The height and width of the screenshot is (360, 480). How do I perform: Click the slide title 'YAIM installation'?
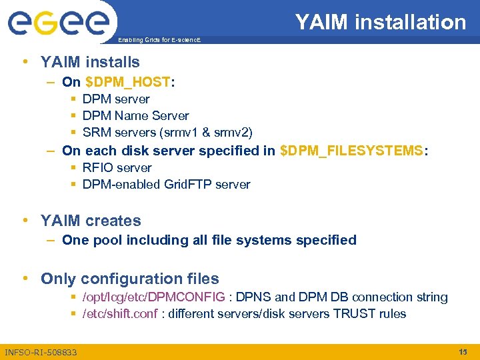coord(381,23)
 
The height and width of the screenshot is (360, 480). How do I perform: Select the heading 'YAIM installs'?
coord(90,62)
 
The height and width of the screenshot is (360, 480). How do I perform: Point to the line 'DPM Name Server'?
coord(135,116)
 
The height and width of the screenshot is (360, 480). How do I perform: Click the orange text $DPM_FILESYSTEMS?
coord(352,151)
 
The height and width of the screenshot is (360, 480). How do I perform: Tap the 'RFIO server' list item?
coord(117,168)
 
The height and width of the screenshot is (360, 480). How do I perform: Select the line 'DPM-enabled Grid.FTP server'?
coord(166,185)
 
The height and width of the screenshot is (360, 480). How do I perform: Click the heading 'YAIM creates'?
coord(91,221)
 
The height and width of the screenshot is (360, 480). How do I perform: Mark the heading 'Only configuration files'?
coord(129,279)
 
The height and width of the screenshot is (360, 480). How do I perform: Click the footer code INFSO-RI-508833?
coord(41,352)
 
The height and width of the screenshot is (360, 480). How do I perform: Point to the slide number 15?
coord(463,351)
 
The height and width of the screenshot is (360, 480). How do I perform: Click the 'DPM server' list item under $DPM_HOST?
coord(116,99)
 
